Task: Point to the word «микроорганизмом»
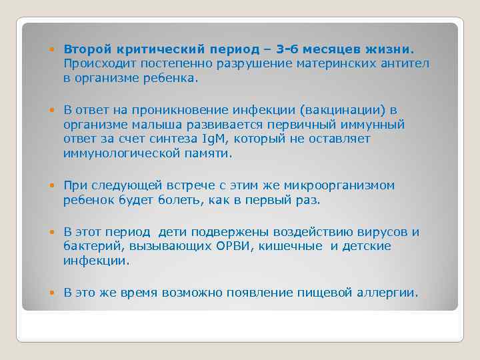pyautogui.click(x=339, y=185)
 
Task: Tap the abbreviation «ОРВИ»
pyautogui.click(x=231, y=246)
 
